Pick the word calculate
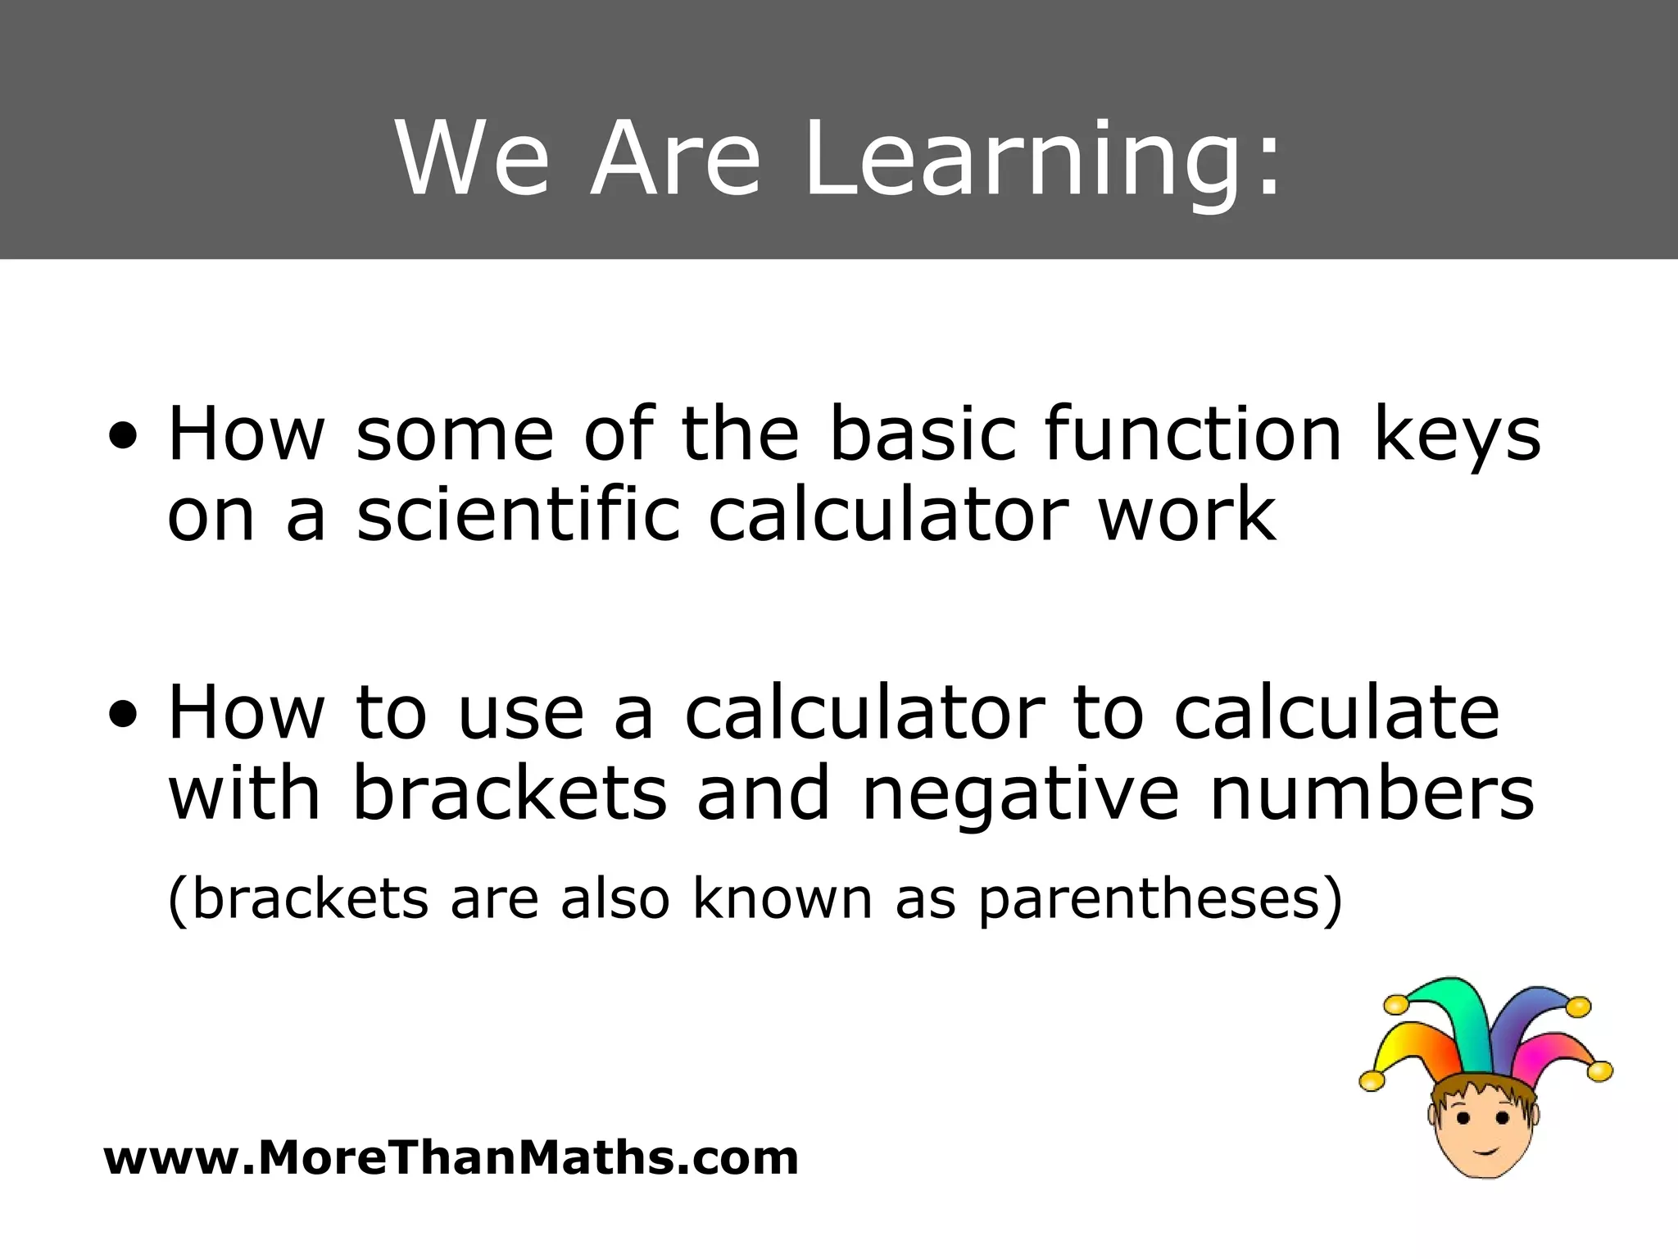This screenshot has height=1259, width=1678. click(1336, 711)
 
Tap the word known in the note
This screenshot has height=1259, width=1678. click(782, 898)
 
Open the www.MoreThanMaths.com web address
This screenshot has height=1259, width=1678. click(451, 1158)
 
